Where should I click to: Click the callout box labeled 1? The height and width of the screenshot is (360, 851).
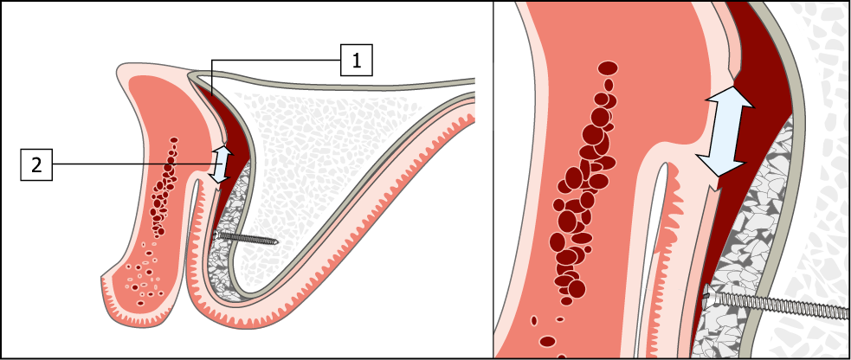357,61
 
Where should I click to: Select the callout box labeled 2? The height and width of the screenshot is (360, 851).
36,164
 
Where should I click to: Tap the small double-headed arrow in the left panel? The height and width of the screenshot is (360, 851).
222,164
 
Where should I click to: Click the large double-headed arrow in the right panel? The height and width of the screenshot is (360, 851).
726,132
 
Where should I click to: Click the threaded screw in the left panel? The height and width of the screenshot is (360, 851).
247,237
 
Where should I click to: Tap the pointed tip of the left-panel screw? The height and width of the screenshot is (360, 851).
275,242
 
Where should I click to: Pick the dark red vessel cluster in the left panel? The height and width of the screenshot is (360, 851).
164,186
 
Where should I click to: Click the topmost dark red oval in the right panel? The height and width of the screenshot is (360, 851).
609,67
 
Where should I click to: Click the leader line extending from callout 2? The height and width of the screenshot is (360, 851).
130,164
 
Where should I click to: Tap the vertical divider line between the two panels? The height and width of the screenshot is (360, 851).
493,180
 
